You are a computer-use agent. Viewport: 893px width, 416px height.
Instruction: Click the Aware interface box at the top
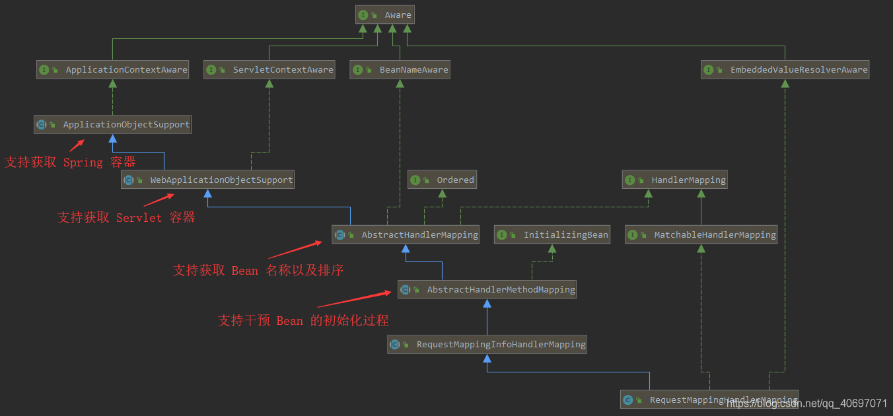385,15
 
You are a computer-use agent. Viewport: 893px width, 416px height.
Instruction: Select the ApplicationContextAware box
112,69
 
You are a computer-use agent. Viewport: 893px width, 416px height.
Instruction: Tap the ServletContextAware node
269,69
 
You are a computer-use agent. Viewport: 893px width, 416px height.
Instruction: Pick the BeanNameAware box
400,69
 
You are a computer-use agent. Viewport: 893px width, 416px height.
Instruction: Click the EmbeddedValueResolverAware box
785,69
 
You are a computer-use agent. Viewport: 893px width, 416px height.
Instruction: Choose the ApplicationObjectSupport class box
112,124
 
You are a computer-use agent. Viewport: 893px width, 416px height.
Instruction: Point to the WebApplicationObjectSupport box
207,180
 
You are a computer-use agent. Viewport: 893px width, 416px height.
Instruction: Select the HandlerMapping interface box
674,180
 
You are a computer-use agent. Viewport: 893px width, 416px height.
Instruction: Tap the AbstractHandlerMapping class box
406,234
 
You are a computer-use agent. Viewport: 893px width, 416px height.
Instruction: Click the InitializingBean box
552,234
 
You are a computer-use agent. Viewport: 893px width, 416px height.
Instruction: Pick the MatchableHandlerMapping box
701,234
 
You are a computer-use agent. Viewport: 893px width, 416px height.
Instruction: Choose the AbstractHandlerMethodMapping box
487,289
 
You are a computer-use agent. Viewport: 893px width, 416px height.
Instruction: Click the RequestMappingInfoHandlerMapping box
487,344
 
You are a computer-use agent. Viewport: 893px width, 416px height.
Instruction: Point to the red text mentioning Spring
70,162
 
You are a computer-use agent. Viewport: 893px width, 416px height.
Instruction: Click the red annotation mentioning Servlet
126,218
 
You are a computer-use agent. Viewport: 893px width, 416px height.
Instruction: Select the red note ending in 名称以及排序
258,271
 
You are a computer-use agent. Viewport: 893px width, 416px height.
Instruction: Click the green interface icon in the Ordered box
415,180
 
